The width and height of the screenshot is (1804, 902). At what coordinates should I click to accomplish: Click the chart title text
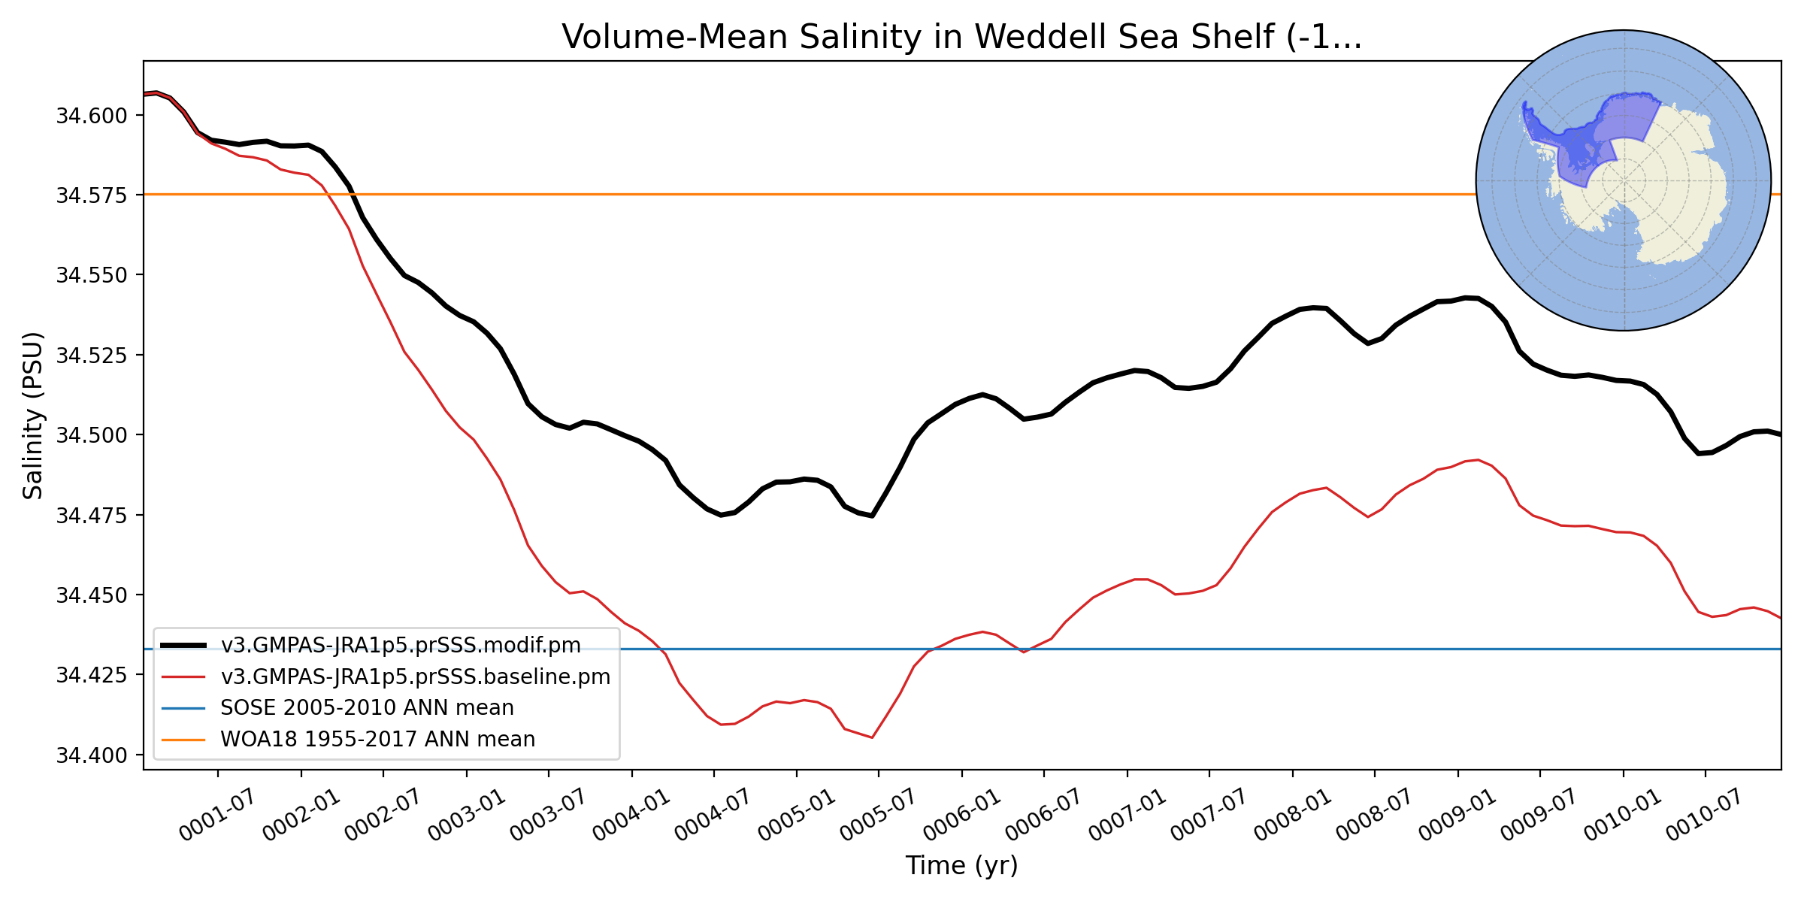coord(961,37)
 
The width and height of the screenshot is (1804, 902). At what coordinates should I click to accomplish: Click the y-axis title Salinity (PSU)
coord(33,416)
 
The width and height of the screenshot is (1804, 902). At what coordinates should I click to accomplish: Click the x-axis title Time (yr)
coord(961,865)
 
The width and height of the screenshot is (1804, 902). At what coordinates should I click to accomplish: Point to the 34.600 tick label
coord(92,116)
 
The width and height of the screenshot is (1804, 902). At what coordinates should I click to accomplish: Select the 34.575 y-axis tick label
coord(92,195)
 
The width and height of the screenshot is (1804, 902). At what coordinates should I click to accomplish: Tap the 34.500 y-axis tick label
coord(92,435)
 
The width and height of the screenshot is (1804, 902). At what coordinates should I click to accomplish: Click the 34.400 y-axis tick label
coord(92,755)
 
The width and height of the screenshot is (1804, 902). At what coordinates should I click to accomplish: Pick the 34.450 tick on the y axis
coord(92,595)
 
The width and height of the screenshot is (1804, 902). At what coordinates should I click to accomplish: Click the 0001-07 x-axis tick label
coord(216,816)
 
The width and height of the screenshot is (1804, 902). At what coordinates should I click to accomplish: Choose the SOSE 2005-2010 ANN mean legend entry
coord(367,708)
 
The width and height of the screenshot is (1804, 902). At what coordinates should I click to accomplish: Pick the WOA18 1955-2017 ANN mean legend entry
coord(377,740)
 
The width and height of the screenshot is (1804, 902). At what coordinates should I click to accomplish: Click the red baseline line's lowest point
coord(872,737)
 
